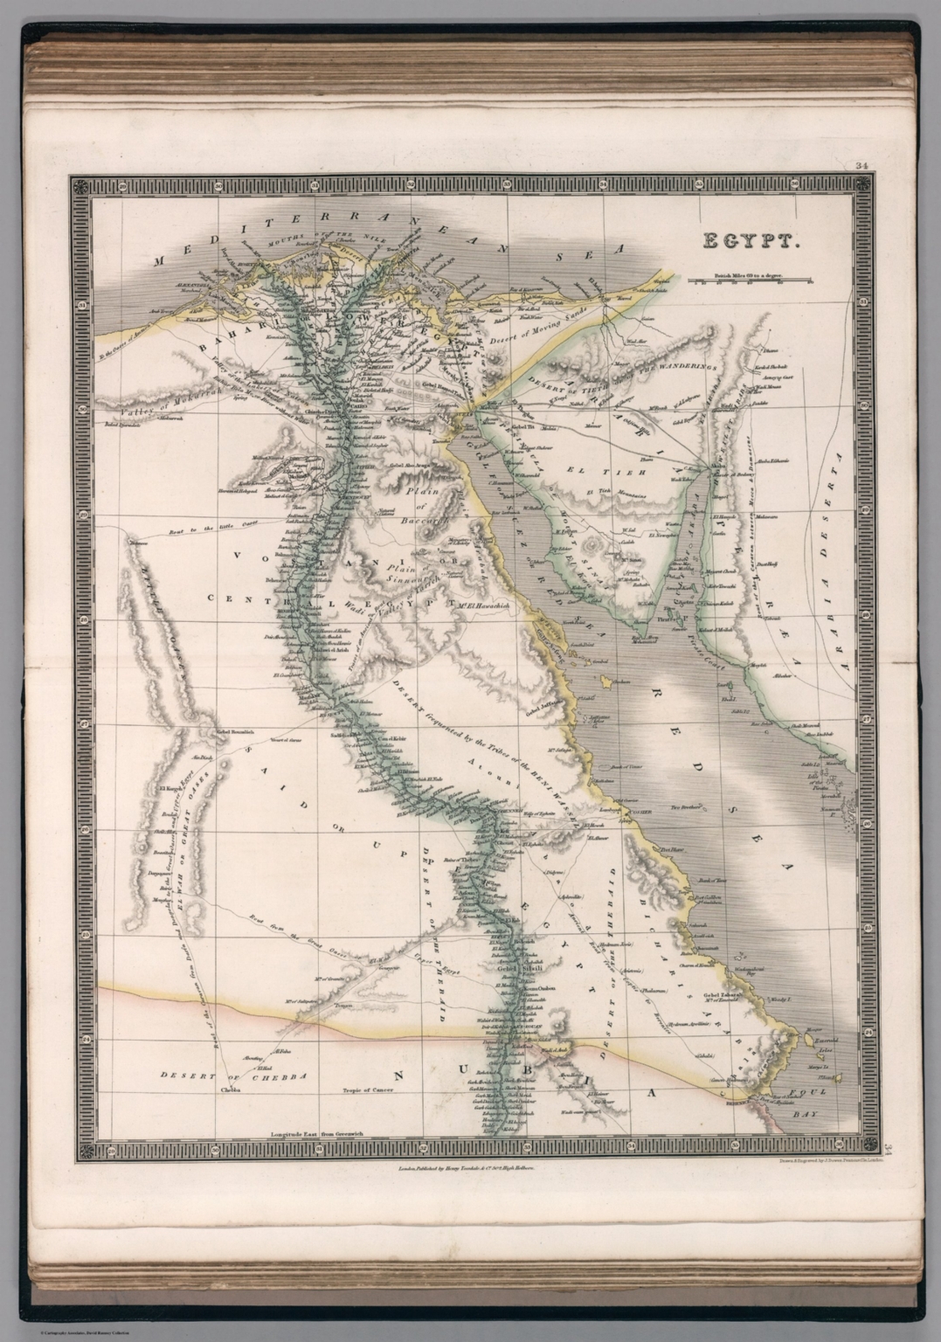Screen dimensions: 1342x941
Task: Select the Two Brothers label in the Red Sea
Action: [684, 808]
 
